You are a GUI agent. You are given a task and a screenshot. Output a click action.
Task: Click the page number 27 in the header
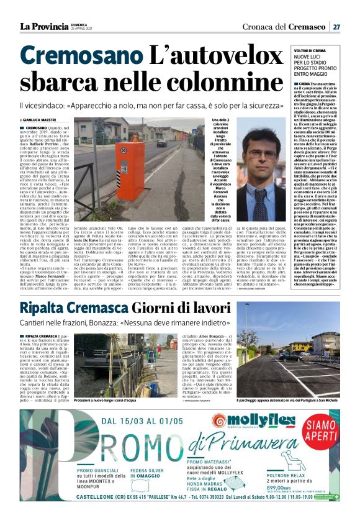point(336,26)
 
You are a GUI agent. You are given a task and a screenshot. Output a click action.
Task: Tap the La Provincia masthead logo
point(43,26)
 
